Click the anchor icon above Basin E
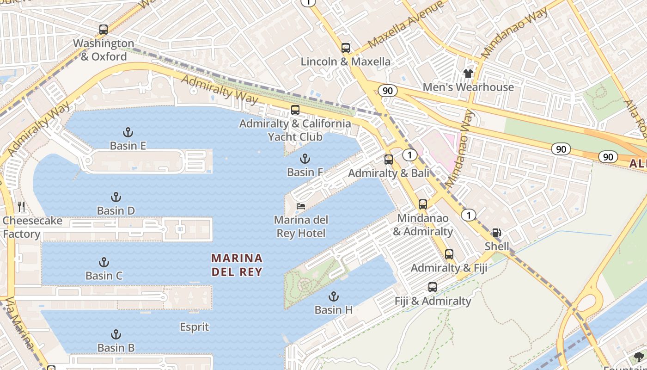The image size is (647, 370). (x=128, y=132)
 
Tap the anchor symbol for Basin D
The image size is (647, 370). (x=116, y=197)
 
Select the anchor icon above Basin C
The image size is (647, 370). (x=104, y=262)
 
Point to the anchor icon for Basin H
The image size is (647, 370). (x=333, y=296)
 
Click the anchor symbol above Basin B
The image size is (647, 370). (x=116, y=334)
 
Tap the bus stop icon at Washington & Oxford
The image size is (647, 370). (x=104, y=30)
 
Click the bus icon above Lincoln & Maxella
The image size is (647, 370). (x=345, y=48)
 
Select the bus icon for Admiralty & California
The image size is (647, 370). (x=295, y=110)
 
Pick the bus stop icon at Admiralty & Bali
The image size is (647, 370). (x=389, y=160)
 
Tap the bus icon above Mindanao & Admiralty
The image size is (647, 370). (x=422, y=204)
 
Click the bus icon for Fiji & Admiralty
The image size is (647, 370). (x=432, y=287)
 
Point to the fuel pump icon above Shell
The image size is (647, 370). (x=496, y=233)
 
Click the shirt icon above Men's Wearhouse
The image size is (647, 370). (x=468, y=73)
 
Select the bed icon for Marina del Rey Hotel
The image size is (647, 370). (x=301, y=206)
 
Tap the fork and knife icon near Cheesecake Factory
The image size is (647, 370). (x=21, y=207)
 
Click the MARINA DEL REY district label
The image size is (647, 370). (x=237, y=265)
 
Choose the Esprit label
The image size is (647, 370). (x=194, y=327)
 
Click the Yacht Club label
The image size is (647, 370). (x=295, y=137)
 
